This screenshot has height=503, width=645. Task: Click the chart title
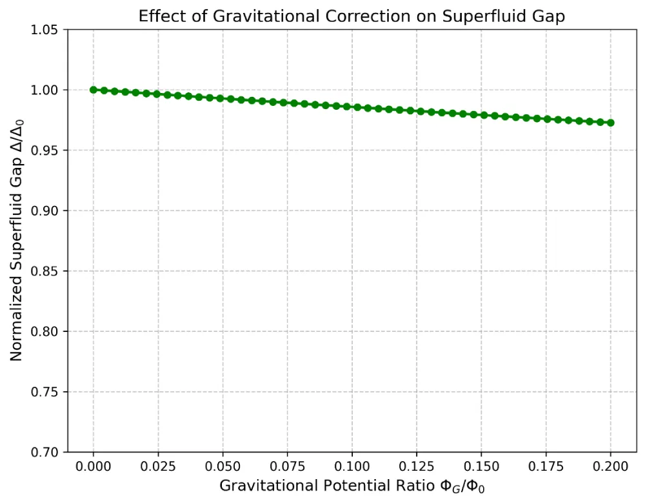(x=352, y=17)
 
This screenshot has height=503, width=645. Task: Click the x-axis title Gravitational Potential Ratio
(x=352, y=486)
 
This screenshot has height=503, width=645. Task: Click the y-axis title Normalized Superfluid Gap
(x=17, y=241)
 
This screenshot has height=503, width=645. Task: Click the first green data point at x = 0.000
(x=94, y=90)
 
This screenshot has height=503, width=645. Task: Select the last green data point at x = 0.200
(x=610, y=123)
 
